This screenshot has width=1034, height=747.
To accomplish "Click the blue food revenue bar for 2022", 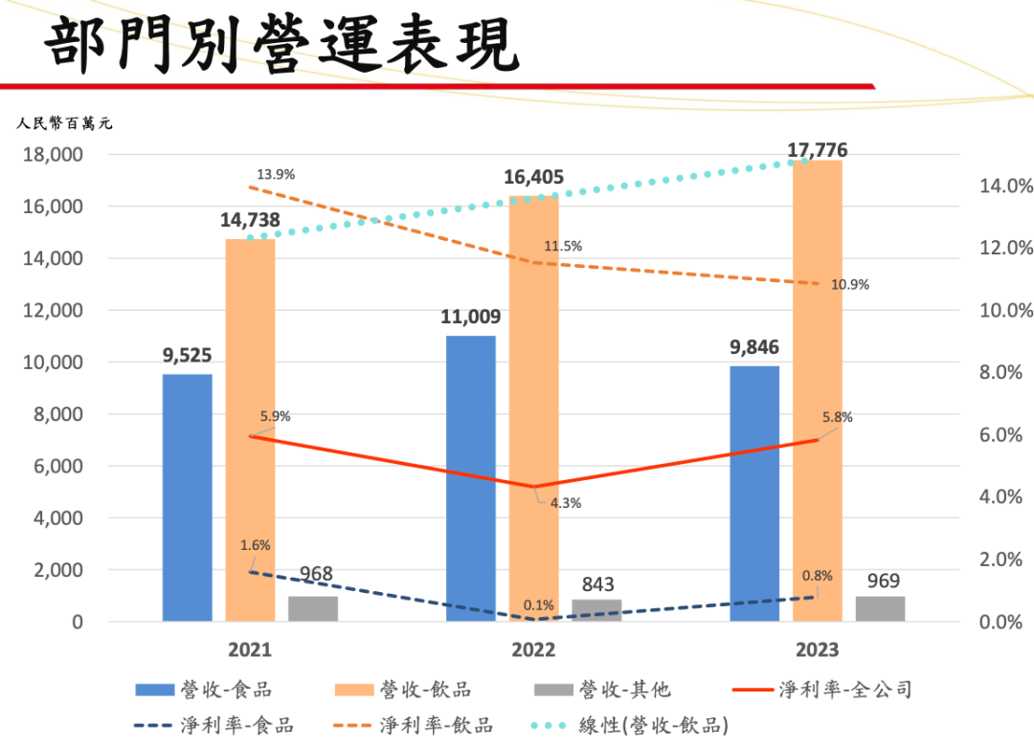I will coord(470,478).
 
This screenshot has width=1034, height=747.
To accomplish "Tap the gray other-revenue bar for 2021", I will coord(313,609).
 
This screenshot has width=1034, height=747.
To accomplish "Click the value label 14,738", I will coord(249,220).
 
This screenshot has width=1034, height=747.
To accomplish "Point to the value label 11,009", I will coord(470,318).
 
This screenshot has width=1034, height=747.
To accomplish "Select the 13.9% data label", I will coord(276,175).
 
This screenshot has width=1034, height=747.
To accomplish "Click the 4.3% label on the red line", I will coord(566,503).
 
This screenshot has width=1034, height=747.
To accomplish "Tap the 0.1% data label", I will coord(539,604).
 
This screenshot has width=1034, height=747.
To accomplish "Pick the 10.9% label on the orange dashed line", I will coord(850,285).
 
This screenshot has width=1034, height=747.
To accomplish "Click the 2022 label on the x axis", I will coord(533,650).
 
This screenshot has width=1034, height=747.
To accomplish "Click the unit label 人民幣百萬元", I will coord(64,122).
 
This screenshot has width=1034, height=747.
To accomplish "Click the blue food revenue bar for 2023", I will coord(754,494).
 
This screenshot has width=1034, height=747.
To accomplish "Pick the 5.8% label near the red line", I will coord(837,418).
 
